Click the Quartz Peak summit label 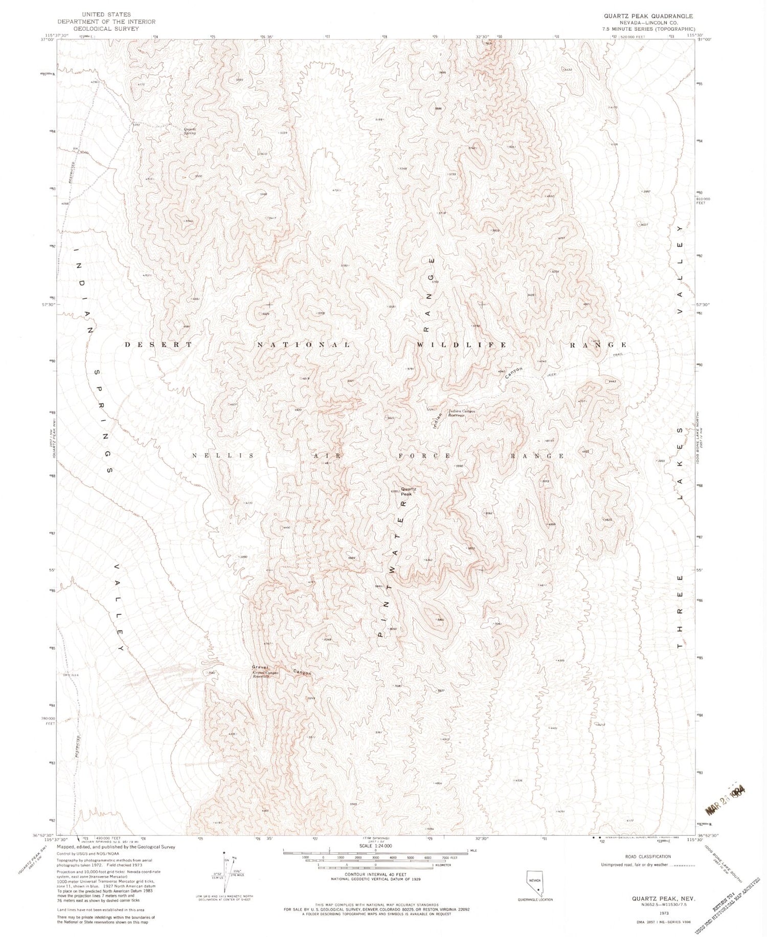pos(408,491)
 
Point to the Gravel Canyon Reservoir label pos(265,674)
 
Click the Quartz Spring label pos(190,131)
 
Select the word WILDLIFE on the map pos(462,345)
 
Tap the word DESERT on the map pos(159,345)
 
